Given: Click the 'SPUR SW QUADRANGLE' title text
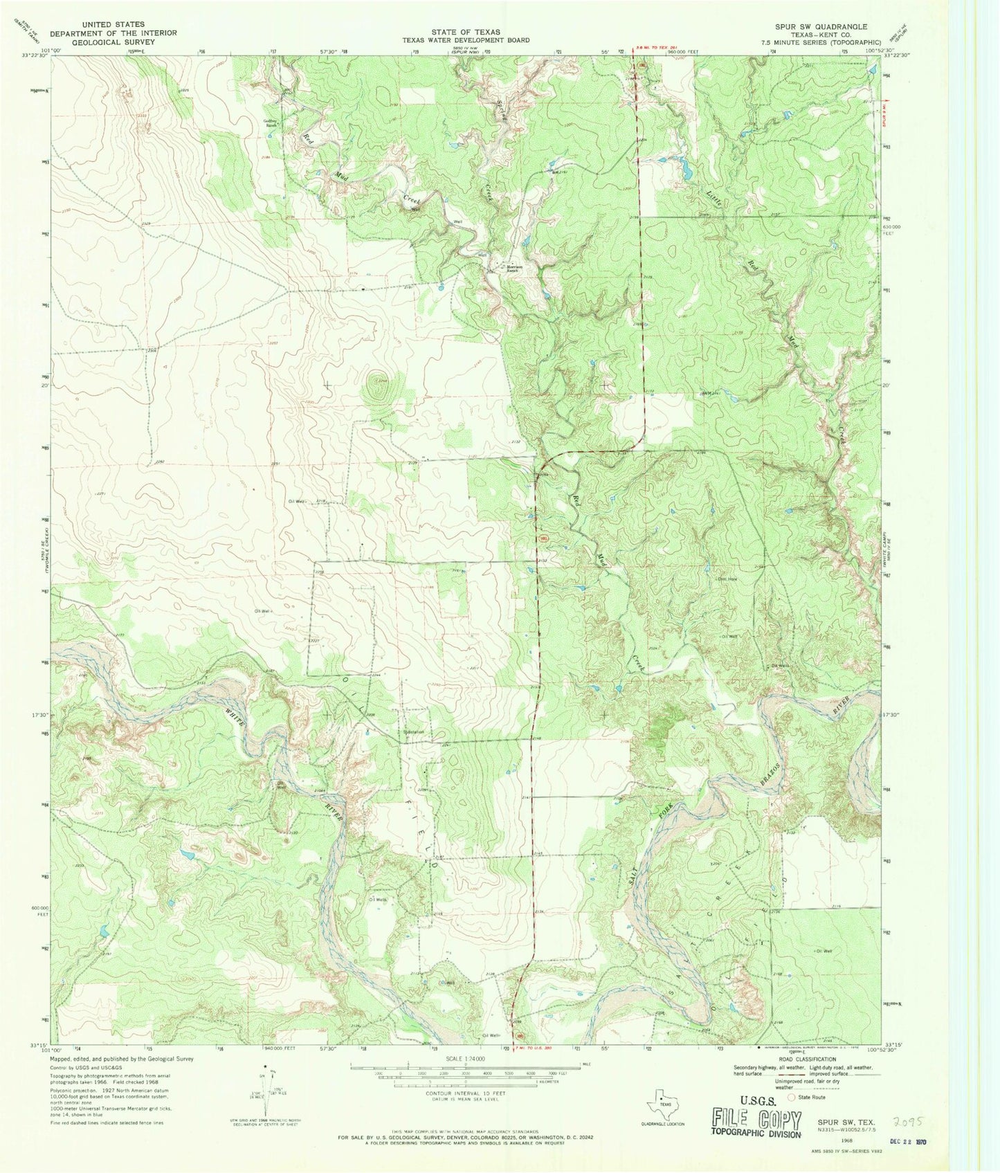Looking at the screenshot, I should (x=811, y=26).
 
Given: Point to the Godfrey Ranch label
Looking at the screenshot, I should (x=270, y=125).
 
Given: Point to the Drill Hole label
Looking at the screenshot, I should (x=726, y=579).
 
